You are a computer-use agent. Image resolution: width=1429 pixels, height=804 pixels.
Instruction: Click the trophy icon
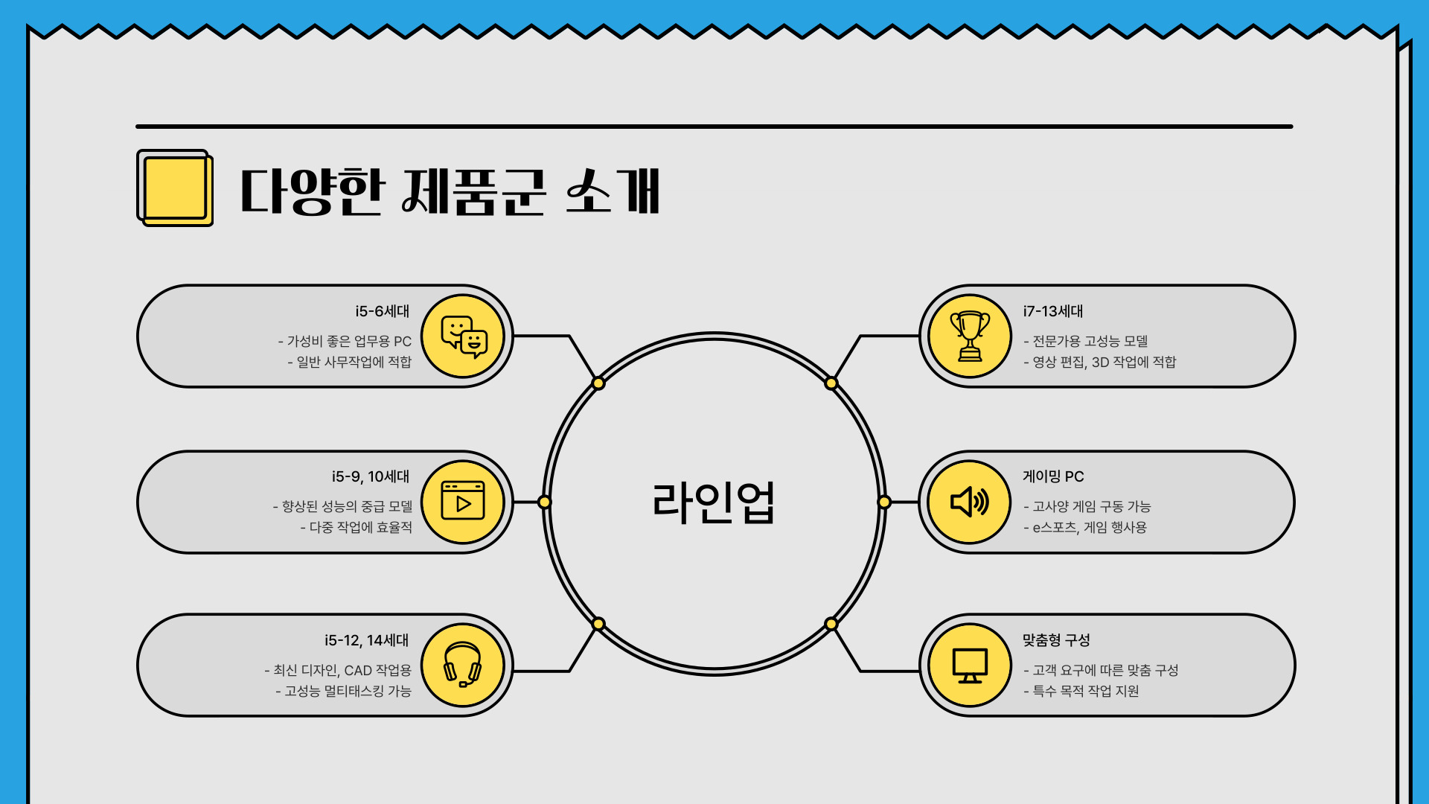coord(970,336)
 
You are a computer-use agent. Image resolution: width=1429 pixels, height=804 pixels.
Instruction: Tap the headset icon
coord(462,665)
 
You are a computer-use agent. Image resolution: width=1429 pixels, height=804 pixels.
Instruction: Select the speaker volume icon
coord(970,502)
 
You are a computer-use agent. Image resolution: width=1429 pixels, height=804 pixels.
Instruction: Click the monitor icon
coord(970,666)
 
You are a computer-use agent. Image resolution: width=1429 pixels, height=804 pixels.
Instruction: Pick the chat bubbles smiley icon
coord(463,336)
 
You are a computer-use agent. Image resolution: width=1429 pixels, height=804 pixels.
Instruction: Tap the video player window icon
coord(463,501)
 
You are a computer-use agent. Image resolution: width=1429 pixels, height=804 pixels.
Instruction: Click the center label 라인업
coord(714,503)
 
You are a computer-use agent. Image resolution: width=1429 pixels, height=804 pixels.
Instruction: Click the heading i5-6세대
coord(382,311)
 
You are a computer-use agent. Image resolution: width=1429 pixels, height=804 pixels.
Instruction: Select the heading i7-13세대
coord(1052,311)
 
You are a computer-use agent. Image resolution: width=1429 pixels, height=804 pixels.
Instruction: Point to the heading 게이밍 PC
coord(1053,476)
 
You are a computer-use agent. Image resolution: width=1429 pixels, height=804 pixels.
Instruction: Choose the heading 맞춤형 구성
coord(1055,640)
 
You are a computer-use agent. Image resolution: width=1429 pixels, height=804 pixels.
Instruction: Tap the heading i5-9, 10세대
coord(371,476)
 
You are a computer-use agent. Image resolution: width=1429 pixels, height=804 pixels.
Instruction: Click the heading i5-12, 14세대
coord(366,640)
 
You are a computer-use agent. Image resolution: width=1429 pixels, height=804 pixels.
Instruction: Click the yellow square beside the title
coord(175,188)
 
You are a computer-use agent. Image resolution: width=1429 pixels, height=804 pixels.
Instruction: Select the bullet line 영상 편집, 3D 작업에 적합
coord(1104,363)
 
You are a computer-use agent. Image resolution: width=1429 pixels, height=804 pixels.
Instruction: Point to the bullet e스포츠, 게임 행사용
coord(1089,528)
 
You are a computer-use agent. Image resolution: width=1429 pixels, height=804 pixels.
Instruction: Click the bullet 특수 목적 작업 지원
coord(1085,692)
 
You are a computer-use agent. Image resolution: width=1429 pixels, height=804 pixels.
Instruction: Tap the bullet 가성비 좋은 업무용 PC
coord(348,342)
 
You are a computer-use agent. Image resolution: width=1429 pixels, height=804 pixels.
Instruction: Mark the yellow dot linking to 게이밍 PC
coord(884,502)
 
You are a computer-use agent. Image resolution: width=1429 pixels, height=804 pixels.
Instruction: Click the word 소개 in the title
coord(613,191)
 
